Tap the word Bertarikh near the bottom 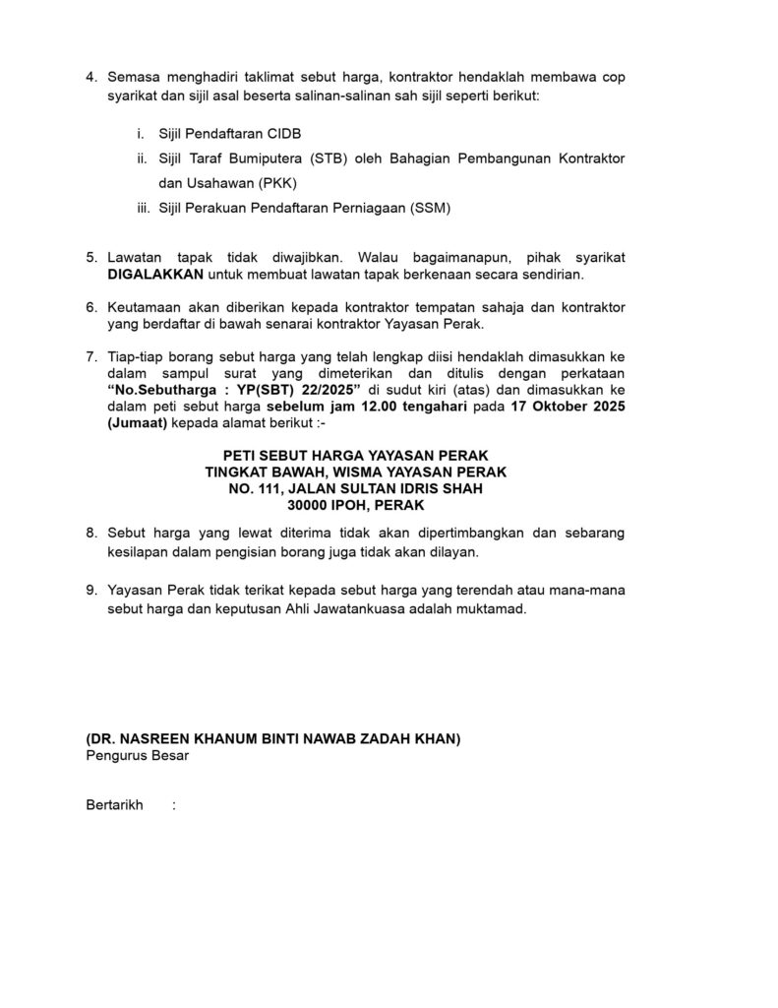(115, 805)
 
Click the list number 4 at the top (91, 77)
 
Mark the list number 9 (91, 591)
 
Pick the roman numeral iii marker (143, 209)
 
